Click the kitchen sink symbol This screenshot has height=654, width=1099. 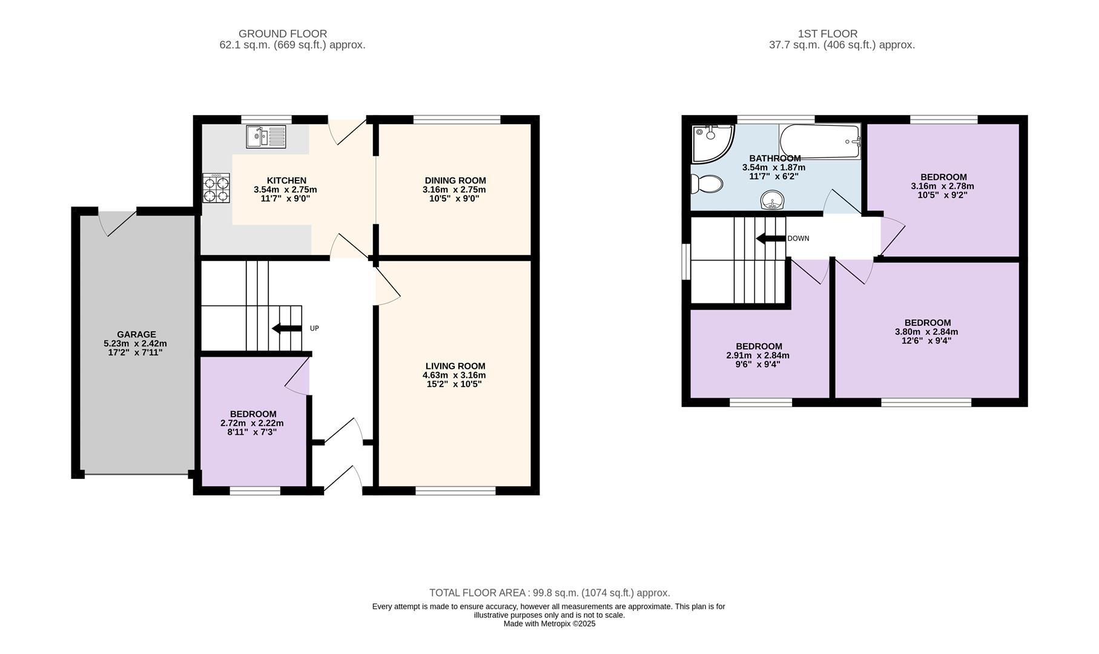point(266,136)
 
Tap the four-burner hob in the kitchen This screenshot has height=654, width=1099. point(216,188)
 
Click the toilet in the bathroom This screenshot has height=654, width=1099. point(707,183)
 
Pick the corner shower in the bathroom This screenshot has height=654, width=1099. point(713,144)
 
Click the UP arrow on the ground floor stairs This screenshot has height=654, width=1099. point(286,328)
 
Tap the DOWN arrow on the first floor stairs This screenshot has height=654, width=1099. point(771,239)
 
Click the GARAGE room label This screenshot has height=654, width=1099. point(136,334)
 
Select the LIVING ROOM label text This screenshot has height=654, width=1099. point(455,366)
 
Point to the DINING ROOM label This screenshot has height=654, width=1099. point(455,180)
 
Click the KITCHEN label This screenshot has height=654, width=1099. point(286,180)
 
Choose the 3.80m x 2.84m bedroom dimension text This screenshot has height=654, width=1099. point(926,332)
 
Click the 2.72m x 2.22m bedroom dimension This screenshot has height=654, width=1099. point(252,423)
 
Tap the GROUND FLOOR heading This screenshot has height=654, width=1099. point(283,34)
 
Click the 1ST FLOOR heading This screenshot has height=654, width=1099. point(828,34)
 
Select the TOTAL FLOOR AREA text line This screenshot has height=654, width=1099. point(550,593)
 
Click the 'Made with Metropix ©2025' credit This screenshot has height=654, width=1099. point(550,624)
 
